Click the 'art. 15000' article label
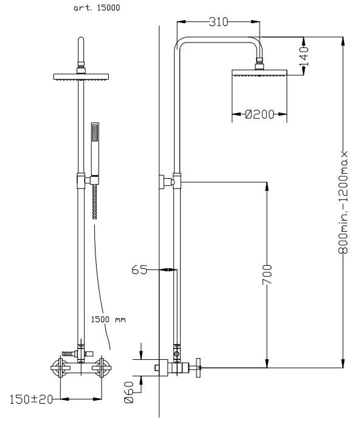coord(97,8)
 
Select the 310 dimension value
coord(218,22)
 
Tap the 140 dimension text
coord(304,57)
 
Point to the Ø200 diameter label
coord(260,114)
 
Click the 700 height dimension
coord(267,275)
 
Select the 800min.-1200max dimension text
coord(343,202)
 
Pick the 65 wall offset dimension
coord(139,270)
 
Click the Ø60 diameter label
coord(129,392)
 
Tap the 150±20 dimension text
coord(31,399)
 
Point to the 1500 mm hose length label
coord(108,319)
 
